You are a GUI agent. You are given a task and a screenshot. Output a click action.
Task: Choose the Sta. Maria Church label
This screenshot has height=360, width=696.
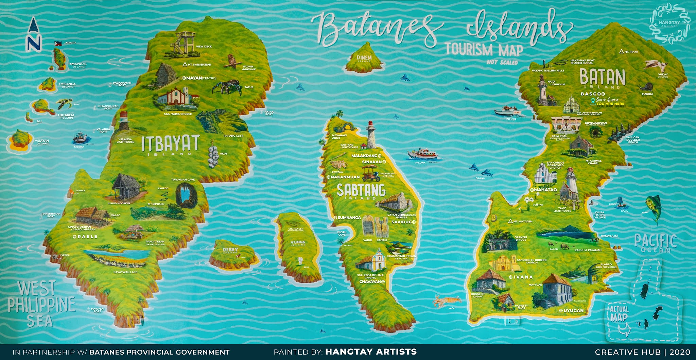coord(178,114)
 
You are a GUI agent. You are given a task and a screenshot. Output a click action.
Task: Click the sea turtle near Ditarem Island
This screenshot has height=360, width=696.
coord(64,103)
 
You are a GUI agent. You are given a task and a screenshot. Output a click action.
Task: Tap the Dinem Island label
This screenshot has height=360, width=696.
coord(364,58)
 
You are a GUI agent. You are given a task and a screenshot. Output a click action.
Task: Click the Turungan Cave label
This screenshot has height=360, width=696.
coord(183,179)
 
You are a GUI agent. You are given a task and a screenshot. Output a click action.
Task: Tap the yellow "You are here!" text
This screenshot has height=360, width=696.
coord(611,104)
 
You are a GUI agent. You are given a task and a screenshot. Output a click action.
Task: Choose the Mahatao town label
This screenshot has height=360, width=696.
coord(545,190)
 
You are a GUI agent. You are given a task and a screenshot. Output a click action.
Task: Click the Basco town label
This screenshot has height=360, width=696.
coord(591,94)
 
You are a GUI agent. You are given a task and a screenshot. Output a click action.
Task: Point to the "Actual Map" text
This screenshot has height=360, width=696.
coord(619,313)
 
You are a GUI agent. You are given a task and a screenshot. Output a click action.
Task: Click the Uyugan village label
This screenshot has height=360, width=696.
coord(573,310)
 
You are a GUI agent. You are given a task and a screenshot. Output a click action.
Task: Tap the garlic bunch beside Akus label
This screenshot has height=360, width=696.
coord(213,157)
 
